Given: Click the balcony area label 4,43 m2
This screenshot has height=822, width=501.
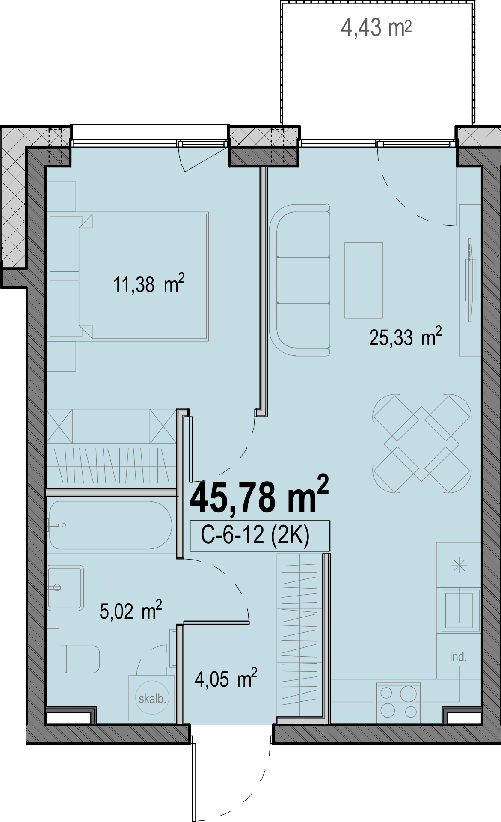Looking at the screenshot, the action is tap(376, 28).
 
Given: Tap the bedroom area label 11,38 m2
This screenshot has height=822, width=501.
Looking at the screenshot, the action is tap(149, 284).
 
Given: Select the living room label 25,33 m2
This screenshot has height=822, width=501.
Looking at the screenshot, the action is tap(405, 337).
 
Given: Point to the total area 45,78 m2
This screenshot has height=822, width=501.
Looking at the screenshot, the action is tap(259, 495).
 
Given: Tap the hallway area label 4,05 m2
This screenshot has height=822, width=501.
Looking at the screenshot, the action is tap(226, 679).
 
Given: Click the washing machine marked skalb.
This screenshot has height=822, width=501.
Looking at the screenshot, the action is tap(152, 699).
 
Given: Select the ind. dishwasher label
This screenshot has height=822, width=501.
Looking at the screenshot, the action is tap(458, 656).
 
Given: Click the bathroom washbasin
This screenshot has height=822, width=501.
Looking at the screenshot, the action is tap(65, 587).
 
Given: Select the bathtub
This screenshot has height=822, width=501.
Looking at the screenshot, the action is tap(111, 525).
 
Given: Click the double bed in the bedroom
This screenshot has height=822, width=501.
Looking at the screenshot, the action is tap(143, 277).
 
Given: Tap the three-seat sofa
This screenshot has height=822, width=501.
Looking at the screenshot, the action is tap(300, 280).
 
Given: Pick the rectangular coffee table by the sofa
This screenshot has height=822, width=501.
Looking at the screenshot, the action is tap(364, 280).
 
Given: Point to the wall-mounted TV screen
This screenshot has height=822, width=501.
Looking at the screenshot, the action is tap(470, 280).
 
